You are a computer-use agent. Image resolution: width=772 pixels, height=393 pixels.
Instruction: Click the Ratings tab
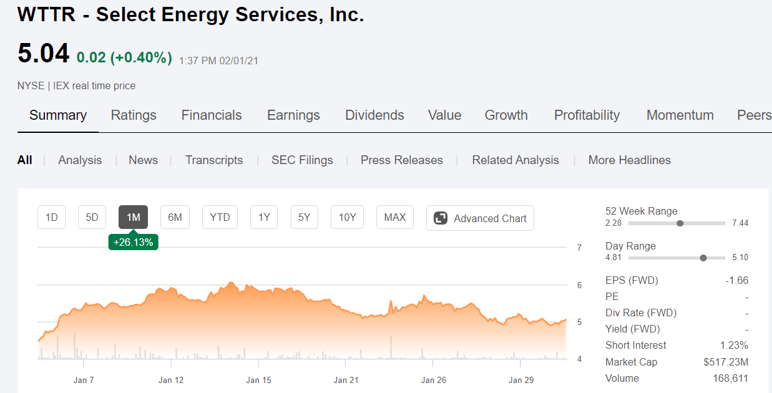pos(134,115)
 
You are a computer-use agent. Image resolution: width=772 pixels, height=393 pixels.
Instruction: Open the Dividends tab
pos(374,115)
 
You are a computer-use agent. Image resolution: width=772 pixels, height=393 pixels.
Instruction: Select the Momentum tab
pos(680,115)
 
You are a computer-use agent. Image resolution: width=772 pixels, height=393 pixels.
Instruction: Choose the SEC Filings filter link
pos(302,160)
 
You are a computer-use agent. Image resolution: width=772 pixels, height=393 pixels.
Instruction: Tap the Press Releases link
pos(401,160)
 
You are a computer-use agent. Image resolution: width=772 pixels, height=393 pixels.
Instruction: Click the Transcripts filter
pos(214,160)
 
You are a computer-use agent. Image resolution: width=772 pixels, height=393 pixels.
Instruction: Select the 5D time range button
pos(92,217)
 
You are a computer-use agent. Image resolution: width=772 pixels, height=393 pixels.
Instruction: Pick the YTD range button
pos(220,217)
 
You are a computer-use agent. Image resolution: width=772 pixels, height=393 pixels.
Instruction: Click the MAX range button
pos(395,217)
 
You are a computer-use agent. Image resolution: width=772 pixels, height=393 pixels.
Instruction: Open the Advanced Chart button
pos(480,218)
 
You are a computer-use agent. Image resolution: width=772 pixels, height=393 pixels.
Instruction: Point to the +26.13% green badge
pos(134,242)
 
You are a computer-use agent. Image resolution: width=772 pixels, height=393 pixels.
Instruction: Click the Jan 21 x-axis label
pos(346,380)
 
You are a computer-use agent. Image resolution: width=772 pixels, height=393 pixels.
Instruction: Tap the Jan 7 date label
pos(84,380)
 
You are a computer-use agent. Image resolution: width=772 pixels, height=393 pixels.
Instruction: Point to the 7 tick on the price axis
pos(579,248)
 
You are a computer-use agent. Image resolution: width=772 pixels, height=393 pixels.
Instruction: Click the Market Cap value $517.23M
pos(726,362)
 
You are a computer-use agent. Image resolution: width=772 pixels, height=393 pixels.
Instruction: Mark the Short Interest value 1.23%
pos(734,345)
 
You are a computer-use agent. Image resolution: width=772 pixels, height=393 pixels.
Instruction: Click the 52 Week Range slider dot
pos(680,223)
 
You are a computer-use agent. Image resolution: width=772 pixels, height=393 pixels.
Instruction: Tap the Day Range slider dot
pos(703,258)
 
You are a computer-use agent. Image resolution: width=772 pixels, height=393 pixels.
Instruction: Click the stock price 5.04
pos(44,54)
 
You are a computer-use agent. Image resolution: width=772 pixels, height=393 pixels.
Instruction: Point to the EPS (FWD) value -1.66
pos(737,280)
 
